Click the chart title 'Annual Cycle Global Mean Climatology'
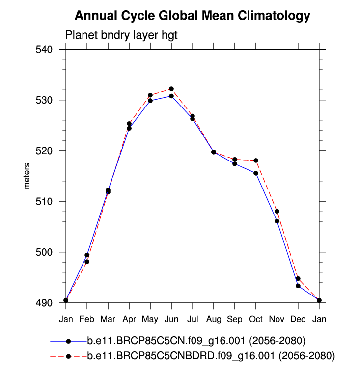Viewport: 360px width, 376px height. click(x=193, y=16)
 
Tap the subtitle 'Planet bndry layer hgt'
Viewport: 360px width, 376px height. click(x=121, y=35)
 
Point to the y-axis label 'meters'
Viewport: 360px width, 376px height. click(x=28, y=176)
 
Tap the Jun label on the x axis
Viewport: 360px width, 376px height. click(x=171, y=320)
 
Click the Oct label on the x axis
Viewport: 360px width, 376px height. click(x=256, y=320)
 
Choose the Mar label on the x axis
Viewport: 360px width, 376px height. click(x=108, y=320)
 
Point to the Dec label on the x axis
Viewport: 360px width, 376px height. click(x=298, y=320)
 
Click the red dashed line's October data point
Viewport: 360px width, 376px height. click(x=256, y=161)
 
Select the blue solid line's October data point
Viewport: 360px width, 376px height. click(x=256, y=173)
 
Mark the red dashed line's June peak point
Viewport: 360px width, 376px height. click(x=171, y=89)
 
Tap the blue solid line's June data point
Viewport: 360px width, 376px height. click(x=171, y=96)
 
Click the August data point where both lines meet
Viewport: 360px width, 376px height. click(x=214, y=152)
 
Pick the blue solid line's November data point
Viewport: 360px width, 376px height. click(x=277, y=221)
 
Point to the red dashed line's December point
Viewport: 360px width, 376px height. click(x=298, y=279)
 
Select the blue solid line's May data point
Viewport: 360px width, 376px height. click(x=150, y=101)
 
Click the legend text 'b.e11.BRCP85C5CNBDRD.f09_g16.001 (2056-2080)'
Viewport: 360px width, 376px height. click(x=211, y=356)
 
